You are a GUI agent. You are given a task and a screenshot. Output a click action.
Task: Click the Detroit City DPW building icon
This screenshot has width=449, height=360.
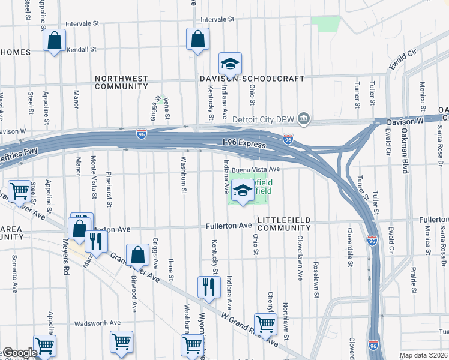(304, 118)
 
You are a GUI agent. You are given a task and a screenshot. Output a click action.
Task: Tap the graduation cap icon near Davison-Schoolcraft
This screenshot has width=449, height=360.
(230, 64)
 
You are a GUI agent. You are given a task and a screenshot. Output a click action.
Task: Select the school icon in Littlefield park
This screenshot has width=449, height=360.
(243, 191)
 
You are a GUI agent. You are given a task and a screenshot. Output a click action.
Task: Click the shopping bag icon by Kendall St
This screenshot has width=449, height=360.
(54, 41)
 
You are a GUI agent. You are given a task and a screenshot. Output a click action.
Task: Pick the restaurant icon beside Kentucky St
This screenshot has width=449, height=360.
(209, 286)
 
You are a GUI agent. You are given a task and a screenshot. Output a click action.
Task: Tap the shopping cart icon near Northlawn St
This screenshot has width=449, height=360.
(265, 323)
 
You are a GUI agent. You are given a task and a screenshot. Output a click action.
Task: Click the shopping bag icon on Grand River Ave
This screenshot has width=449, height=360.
(138, 254)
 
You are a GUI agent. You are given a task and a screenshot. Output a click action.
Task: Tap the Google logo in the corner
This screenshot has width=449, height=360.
(19, 353)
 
